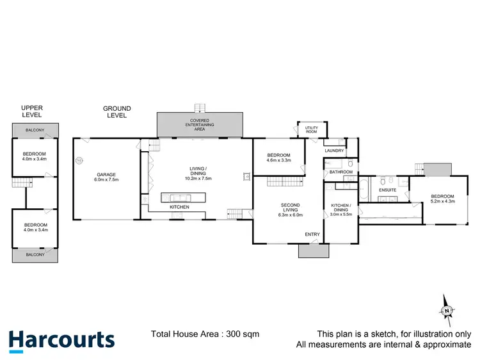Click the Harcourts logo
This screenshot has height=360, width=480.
(x=61, y=340)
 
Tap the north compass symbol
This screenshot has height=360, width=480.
(x=447, y=311)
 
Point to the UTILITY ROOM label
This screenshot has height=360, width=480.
(x=312, y=130)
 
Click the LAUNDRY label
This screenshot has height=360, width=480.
(x=334, y=151)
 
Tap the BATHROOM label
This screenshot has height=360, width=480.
(x=341, y=172)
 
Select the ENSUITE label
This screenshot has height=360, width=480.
(x=388, y=190)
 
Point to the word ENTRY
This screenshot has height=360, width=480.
(x=312, y=234)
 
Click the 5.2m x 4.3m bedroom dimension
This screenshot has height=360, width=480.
(x=442, y=201)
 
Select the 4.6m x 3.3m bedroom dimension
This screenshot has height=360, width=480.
(x=279, y=160)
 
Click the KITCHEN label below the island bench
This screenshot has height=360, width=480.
(x=179, y=208)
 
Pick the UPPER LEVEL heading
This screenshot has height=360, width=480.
(x=31, y=111)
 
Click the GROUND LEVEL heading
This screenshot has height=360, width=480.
(x=117, y=112)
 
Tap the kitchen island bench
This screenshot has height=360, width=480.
(x=182, y=197)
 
